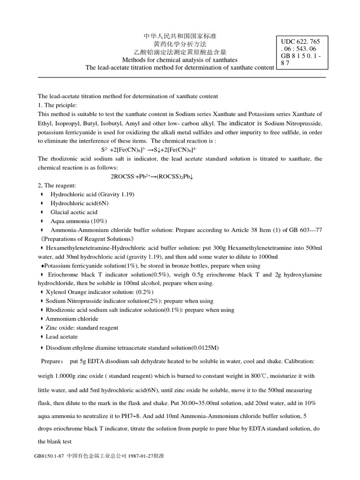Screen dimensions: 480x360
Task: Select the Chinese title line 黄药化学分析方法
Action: click(180, 44)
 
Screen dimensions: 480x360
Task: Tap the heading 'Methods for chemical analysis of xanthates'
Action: click(180, 60)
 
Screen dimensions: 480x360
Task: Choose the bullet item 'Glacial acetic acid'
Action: click(74, 212)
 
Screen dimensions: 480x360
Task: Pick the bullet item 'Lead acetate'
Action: click(62, 337)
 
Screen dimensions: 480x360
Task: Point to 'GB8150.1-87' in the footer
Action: click(50, 456)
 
